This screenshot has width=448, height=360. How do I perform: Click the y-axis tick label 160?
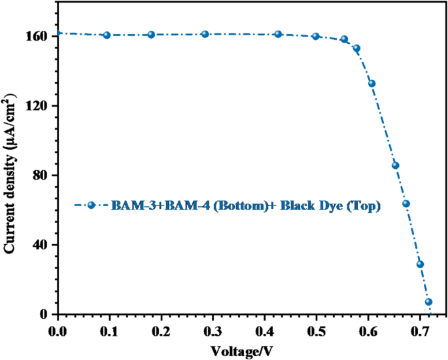pos(38,37)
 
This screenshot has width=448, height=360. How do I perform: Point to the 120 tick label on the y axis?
pos(38,106)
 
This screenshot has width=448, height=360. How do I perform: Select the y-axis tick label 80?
pos(41,175)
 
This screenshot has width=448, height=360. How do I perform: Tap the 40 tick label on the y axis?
pos(41,245)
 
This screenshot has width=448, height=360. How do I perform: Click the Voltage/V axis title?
pos(243,351)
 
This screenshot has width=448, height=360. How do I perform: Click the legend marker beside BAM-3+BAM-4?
pos(92,206)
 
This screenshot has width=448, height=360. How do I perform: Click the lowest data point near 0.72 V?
pos(429,302)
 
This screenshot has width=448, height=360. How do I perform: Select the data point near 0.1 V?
pos(107,35)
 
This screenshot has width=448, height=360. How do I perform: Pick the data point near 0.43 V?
pos(278,34)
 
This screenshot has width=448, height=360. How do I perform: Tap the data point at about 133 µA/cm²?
pos(371,83)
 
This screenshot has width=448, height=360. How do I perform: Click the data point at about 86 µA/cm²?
pos(395,165)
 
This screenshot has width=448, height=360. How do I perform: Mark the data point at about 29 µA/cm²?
pos(420,264)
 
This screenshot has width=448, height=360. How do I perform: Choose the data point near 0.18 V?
pos(151,35)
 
